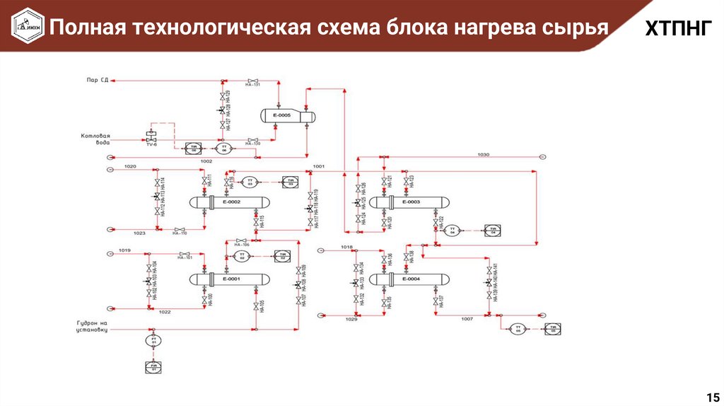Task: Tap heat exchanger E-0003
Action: (x=410, y=202)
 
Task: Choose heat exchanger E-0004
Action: (x=410, y=279)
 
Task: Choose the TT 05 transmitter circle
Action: (x=518, y=327)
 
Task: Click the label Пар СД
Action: (x=98, y=79)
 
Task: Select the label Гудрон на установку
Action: (x=91, y=326)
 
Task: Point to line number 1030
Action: (x=483, y=153)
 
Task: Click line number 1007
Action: (x=467, y=319)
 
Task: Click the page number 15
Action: (x=711, y=395)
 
